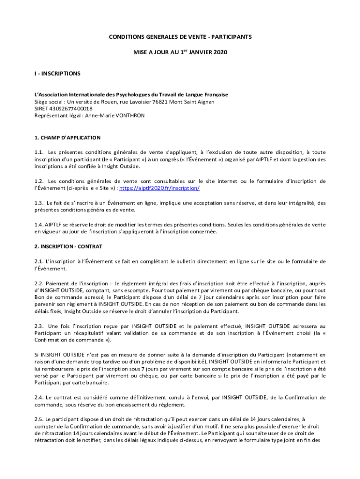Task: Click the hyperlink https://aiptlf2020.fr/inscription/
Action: coord(160,188)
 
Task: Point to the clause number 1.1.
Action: coord(39,152)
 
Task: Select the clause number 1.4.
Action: coord(39,225)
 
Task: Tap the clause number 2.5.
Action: coord(39,419)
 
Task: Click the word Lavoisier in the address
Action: coord(140,102)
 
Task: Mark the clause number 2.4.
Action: coord(39,398)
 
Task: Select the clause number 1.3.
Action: coord(39,203)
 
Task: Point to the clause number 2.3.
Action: coord(39,326)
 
